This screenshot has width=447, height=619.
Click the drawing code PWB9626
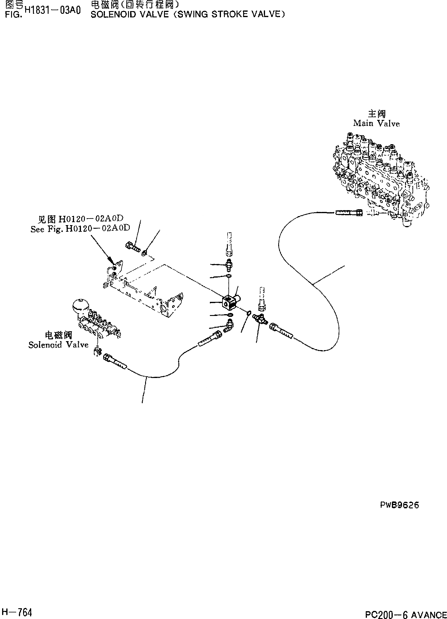tap(399, 505)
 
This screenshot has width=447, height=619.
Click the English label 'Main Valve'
tap(376, 123)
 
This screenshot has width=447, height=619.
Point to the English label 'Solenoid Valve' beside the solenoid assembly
tap(58, 345)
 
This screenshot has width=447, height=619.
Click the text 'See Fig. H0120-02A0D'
tap(80, 229)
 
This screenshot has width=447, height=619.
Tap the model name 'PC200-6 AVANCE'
tap(406, 613)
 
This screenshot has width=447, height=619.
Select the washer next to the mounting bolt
tap(144, 253)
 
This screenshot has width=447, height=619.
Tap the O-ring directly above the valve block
tap(228, 276)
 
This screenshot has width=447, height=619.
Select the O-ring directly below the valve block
tap(229, 315)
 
